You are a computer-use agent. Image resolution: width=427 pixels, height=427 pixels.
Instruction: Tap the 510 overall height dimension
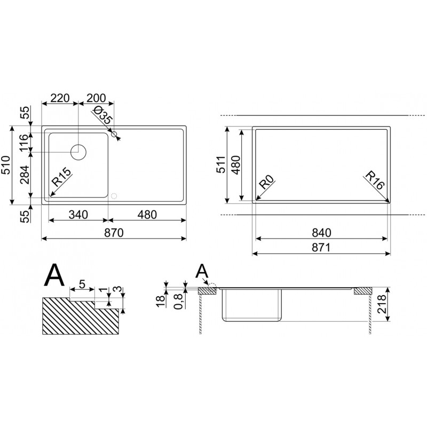6,165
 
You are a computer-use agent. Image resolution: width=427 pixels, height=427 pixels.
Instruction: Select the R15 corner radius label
61,177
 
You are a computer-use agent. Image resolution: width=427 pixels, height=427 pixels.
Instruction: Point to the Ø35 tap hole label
102,115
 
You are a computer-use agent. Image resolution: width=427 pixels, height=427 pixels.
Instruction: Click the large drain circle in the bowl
78,152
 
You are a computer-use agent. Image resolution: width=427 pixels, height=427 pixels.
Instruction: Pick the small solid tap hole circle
114,134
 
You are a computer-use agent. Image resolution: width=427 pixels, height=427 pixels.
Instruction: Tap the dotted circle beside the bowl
114,196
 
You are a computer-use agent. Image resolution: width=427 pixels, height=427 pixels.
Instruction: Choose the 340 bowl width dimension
78,215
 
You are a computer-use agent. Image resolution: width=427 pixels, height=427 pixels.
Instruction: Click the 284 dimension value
25,175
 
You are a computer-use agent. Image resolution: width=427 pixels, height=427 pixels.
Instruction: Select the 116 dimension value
24,143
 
